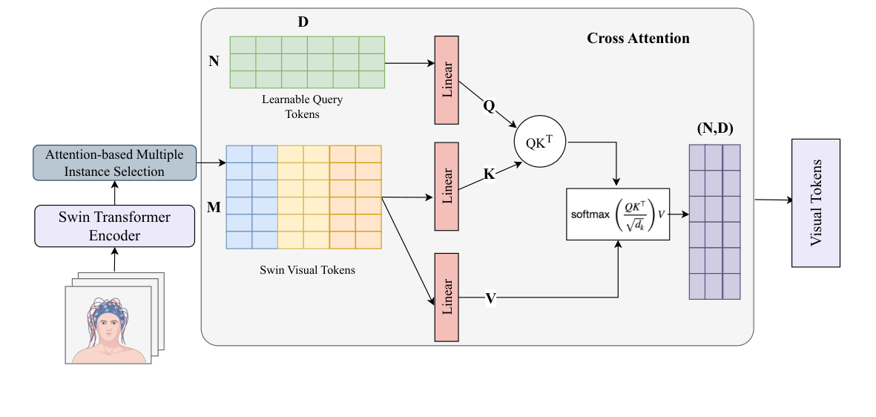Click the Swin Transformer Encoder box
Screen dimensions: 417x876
coord(115,226)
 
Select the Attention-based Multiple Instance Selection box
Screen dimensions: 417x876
coord(115,162)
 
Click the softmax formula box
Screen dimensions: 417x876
coord(617,214)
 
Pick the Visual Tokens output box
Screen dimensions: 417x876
coord(816,203)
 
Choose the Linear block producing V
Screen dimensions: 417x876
coord(447,297)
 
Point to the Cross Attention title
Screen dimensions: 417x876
coord(638,38)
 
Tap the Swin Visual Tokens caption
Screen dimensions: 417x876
coord(303,270)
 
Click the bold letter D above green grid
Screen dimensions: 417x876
coord(303,22)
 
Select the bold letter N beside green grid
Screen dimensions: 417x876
coord(214,61)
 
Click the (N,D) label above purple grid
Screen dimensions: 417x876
coord(714,129)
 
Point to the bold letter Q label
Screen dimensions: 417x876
coord(488,106)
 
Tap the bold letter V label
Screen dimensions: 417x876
coord(490,298)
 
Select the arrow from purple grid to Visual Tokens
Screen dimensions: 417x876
coord(772,200)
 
